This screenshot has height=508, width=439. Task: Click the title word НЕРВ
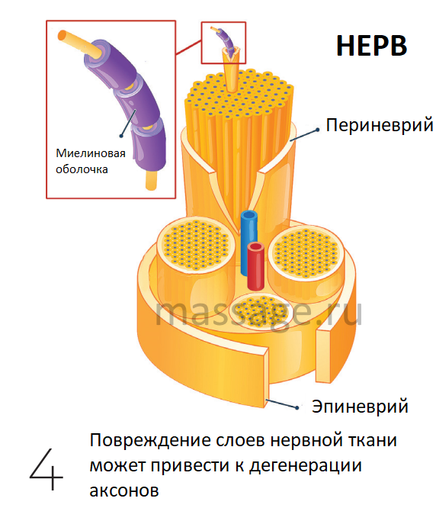click(372, 46)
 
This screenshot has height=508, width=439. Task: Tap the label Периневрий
click(379, 125)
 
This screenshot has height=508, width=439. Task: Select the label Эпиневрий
click(360, 407)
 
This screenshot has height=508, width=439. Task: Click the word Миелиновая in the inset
click(91, 153)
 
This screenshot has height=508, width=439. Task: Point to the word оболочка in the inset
click(82, 169)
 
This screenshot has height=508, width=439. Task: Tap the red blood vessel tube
click(256, 265)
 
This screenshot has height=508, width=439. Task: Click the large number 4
click(46, 469)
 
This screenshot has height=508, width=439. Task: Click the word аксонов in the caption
click(124, 490)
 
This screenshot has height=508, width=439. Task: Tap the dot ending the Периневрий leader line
click(318, 130)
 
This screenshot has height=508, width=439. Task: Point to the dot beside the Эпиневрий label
click(297, 407)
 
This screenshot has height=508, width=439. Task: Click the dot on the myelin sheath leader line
click(121, 136)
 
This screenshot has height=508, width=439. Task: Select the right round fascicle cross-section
click(306, 253)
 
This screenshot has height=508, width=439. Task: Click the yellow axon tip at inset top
click(62, 35)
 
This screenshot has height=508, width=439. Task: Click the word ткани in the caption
click(373, 441)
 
